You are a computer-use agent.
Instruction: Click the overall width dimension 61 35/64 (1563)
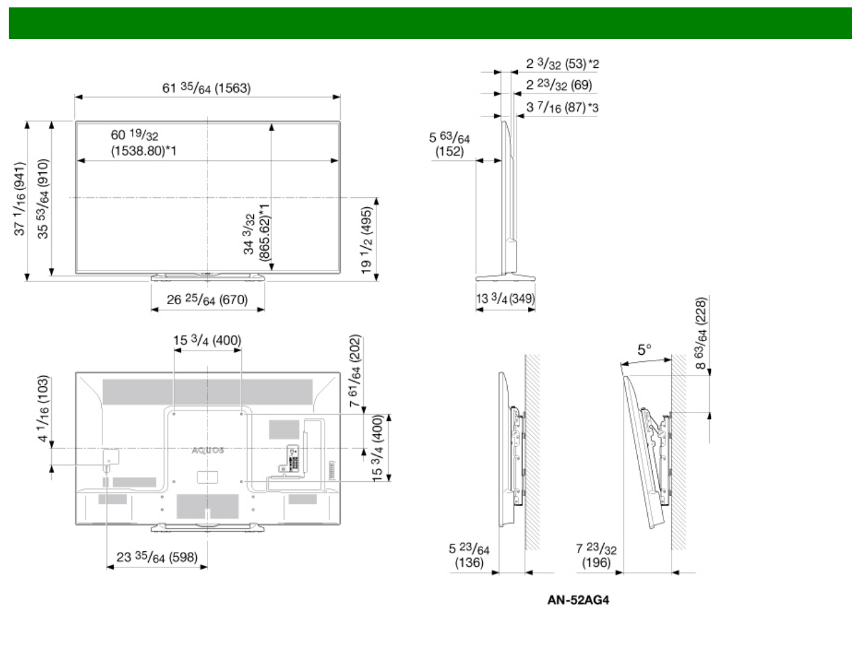206,87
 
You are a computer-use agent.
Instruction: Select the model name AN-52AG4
578,600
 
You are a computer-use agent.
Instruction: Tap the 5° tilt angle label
644,349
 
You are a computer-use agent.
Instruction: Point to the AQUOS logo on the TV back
207,450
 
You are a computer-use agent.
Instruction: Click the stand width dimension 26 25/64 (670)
207,300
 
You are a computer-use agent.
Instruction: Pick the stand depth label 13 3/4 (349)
505,298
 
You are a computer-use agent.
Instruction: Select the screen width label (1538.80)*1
143,151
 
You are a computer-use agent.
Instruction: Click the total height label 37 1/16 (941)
20,199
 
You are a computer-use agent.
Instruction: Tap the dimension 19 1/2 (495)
366,240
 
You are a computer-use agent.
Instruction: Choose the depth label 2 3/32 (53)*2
562,63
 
